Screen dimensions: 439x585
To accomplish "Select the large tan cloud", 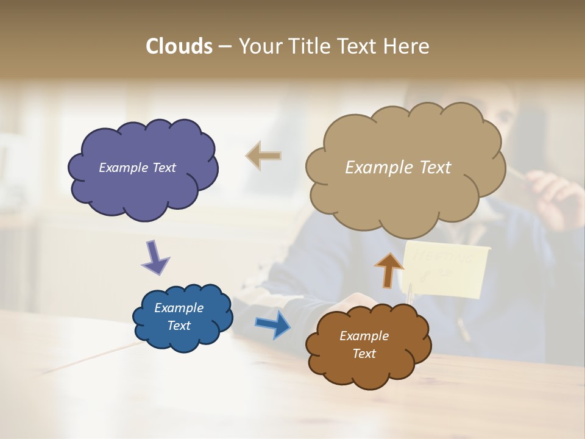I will pos(405,195).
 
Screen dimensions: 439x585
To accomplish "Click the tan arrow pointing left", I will pos(263,156).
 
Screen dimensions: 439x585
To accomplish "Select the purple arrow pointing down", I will pos(155,257).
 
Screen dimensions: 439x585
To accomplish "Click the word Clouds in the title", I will pos(179,46).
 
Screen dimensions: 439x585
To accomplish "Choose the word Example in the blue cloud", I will pos(179,308).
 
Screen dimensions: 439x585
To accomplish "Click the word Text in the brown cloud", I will pos(364,354).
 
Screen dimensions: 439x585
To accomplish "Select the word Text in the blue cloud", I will pos(179,326).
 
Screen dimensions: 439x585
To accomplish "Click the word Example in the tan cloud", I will pos(375,168).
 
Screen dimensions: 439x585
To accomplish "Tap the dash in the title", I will pos(224,46).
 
